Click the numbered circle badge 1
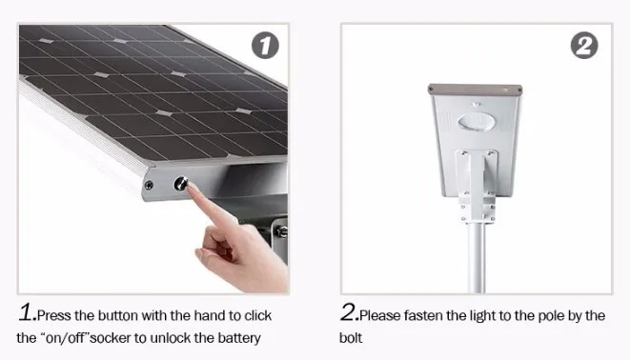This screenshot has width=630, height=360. [265, 46]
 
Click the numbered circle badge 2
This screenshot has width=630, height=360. [584, 46]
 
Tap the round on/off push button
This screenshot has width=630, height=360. [181, 184]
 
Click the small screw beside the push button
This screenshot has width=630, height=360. [149, 185]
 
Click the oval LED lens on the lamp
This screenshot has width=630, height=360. [476, 122]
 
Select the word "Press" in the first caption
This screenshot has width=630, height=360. [54, 315]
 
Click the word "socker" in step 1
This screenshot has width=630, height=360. [111, 338]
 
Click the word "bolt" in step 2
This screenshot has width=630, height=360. [351, 338]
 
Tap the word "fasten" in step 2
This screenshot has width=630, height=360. [423, 315]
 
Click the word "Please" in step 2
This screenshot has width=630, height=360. [379, 315]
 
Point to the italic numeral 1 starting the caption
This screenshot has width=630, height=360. [27, 312]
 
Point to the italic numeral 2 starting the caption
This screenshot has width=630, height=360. [349, 312]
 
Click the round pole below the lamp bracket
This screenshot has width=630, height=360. [477, 257]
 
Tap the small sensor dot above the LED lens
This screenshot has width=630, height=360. [477, 105]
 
